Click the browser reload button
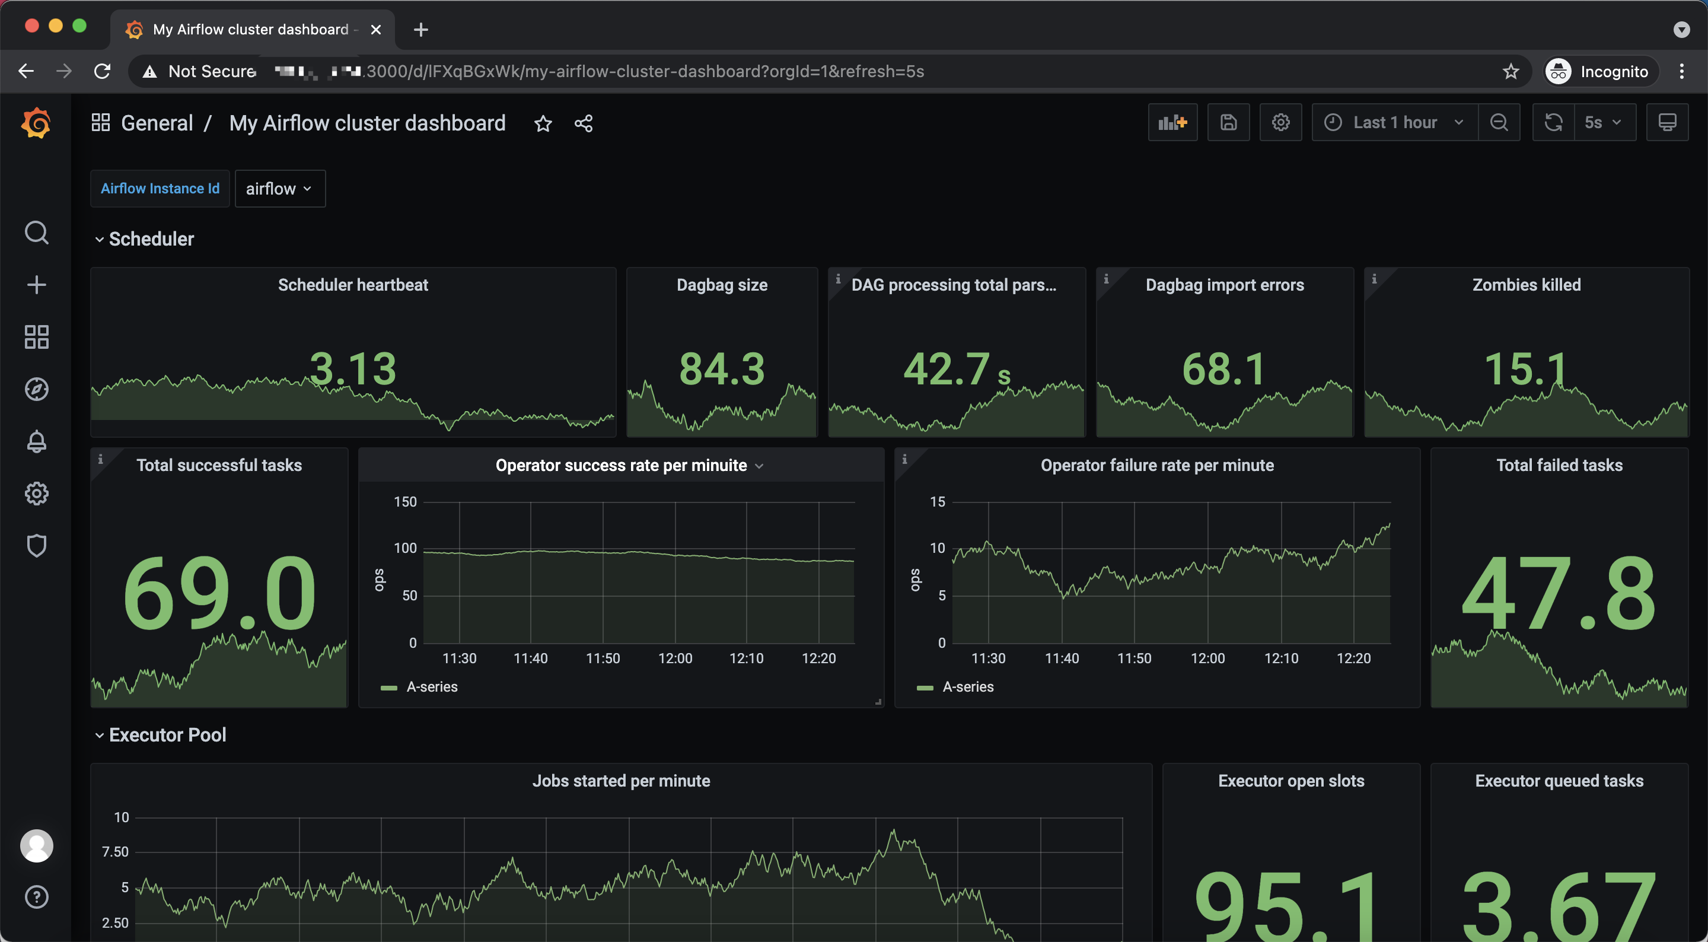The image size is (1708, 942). (102, 71)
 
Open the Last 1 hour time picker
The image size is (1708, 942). (1394, 123)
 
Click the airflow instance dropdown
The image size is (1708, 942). (279, 189)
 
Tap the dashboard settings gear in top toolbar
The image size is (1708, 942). (1280, 123)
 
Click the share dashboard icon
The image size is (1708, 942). (584, 123)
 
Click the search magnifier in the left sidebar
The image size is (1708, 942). (36, 233)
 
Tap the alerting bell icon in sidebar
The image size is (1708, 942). (36, 442)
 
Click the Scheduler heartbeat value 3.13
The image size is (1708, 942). (353, 368)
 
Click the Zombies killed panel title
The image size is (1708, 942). (1527, 285)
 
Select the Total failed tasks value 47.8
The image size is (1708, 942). (1559, 593)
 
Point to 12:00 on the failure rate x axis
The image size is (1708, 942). (1207, 658)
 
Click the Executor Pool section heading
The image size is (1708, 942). (167, 735)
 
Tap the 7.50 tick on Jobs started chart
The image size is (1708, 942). (116, 852)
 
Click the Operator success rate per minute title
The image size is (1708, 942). (622, 466)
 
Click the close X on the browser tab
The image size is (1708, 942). (376, 30)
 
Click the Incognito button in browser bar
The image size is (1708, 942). (1601, 72)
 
